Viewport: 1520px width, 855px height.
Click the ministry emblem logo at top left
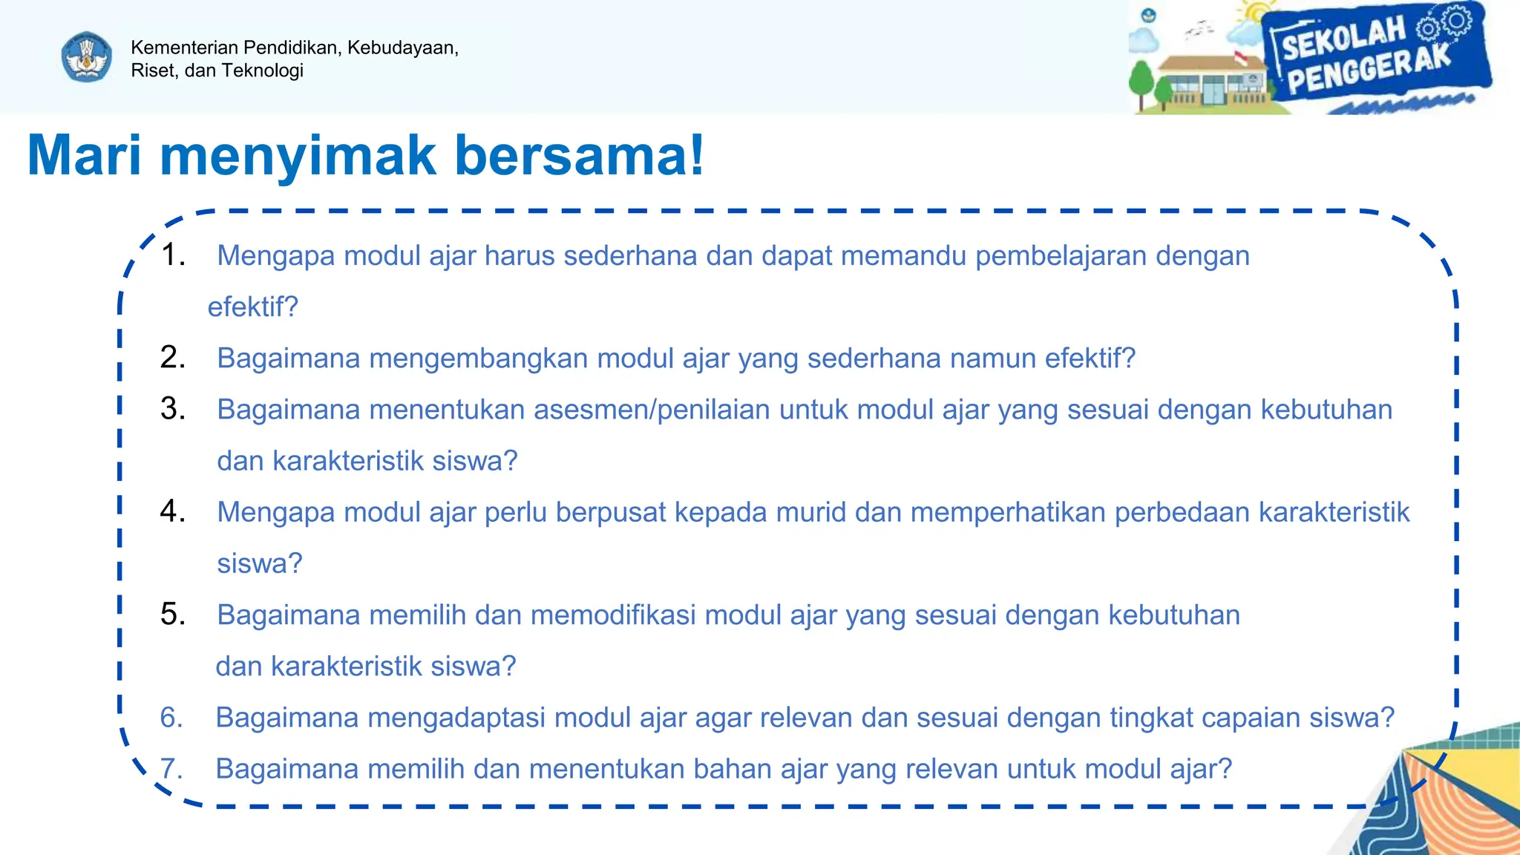(x=87, y=57)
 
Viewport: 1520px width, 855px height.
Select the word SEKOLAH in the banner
(x=1343, y=38)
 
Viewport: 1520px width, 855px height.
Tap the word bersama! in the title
(x=579, y=156)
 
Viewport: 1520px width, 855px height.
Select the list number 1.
(x=173, y=255)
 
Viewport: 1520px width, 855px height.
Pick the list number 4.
(x=173, y=511)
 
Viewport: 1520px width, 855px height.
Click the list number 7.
(x=171, y=769)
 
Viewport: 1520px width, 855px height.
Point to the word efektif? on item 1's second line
(x=252, y=307)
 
